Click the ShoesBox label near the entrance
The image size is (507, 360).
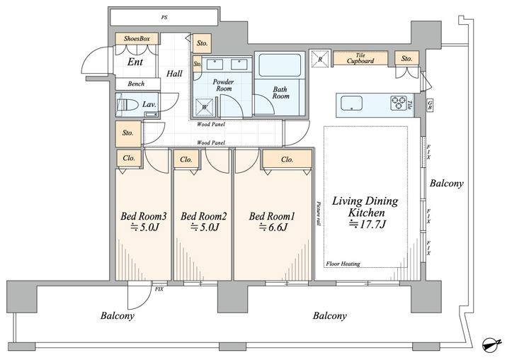pos(137,38)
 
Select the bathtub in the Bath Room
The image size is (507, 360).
pos(280,65)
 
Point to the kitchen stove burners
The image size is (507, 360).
pos(399,103)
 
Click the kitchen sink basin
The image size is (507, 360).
pos(351,103)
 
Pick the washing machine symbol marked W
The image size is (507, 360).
pos(205,106)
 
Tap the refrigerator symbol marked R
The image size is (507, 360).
pos(320,59)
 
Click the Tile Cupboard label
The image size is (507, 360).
pos(360,58)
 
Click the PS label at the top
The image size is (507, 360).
pos(164,18)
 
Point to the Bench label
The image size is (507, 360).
pos(136,84)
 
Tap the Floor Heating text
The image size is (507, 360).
pos(343,264)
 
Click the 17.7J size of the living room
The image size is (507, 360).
pos(368,224)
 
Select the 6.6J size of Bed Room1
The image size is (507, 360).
pos(273,227)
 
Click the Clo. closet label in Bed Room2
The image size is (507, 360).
pos(186,159)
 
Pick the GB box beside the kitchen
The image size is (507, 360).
pos(430,105)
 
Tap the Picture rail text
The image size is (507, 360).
pos(319,214)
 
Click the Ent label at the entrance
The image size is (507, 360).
pos(135,62)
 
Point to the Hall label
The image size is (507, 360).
pos(174,74)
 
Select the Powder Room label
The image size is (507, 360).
pos(224,85)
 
